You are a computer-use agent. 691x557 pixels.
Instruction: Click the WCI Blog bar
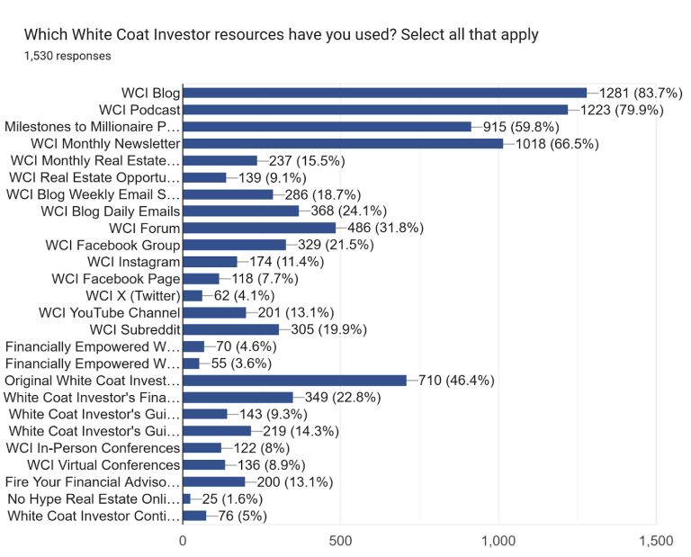click(384, 93)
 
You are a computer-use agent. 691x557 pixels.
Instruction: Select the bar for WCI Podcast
click(375, 110)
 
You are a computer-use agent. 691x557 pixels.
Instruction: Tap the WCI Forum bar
click(259, 228)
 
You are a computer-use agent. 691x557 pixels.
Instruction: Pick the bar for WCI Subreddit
click(230, 329)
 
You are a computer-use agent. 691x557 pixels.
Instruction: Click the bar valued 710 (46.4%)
click(294, 381)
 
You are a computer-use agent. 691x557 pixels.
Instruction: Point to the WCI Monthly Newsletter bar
click(343, 143)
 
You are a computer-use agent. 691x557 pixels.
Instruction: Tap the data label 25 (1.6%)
click(225, 499)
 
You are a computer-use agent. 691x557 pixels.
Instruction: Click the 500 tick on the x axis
click(341, 541)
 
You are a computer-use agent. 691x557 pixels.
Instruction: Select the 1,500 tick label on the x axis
click(655, 541)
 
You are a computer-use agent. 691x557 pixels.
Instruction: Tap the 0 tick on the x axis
click(183, 541)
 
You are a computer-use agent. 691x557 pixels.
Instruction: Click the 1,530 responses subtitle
click(67, 56)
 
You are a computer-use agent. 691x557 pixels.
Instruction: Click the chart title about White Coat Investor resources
click(281, 35)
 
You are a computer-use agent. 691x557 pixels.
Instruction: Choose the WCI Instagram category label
click(133, 262)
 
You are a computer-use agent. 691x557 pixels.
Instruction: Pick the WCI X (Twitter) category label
click(132, 296)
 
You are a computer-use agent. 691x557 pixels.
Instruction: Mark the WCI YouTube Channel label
click(109, 312)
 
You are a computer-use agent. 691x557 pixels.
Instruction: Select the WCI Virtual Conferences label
click(103, 465)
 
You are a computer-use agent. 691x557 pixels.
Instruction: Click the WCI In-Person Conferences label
click(93, 448)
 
